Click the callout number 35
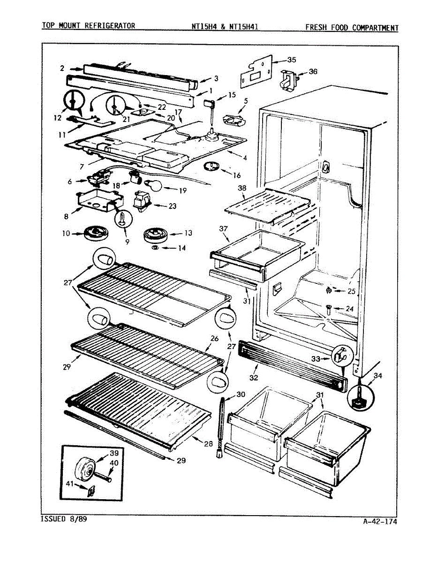[x=291, y=60]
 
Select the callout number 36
[x=313, y=72]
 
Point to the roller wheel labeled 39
[x=85, y=469]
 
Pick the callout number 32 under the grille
[x=254, y=377]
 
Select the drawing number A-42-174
[x=380, y=521]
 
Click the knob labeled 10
[x=96, y=232]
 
